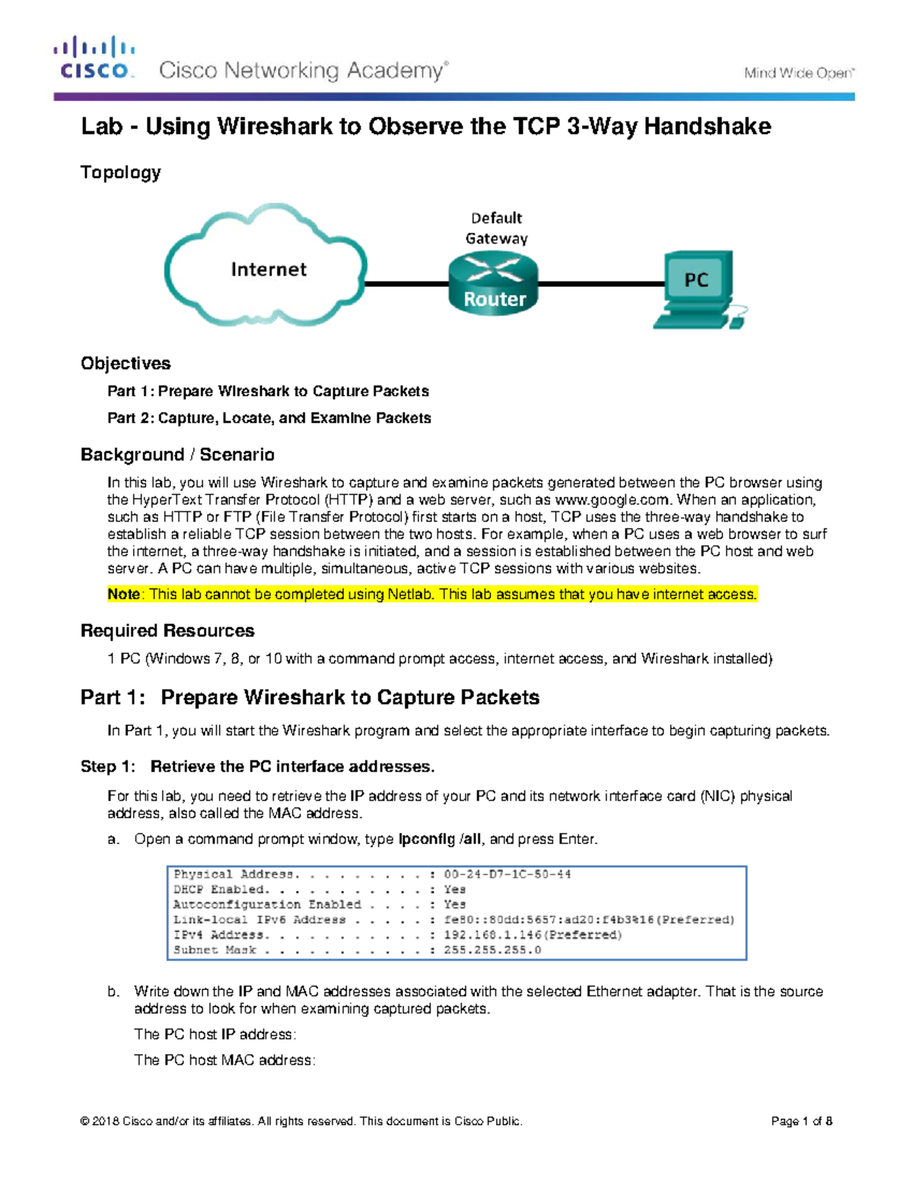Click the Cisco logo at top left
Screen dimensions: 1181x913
(x=94, y=59)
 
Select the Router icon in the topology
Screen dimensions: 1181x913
(x=494, y=284)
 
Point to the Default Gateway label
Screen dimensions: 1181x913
(x=496, y=228)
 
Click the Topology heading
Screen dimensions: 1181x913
(x=120, y=173)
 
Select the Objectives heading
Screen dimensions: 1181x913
(x=126, y=364)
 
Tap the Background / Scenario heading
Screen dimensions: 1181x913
(x=177, y=455)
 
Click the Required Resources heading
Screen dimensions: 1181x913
(x=167, y=631)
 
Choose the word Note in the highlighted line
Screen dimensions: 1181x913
(x=123, y=594)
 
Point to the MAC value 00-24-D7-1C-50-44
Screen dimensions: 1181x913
(x=507, y=875)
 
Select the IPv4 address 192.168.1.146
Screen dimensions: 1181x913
(x=493, y=935)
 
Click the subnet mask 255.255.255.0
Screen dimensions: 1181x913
(x=492, y=950)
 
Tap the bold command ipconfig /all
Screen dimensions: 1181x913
(x=440, y=839)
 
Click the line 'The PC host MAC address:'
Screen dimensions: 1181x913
(x=224, y=1060)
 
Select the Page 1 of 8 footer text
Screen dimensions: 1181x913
(x=801, y=1121)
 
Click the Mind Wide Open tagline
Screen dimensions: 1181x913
(x=798, y=73)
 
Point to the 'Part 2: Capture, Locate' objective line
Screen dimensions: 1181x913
(x=269, y=418)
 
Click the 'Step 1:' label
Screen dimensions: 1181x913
(x=108, y=767)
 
